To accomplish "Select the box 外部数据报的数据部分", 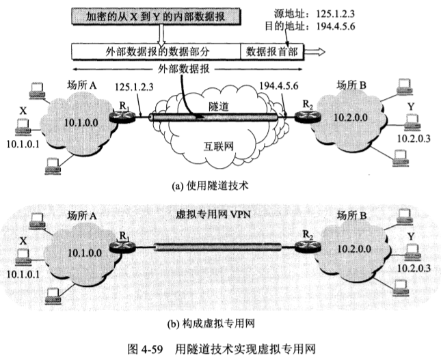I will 157,51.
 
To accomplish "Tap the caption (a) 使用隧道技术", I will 219,184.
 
